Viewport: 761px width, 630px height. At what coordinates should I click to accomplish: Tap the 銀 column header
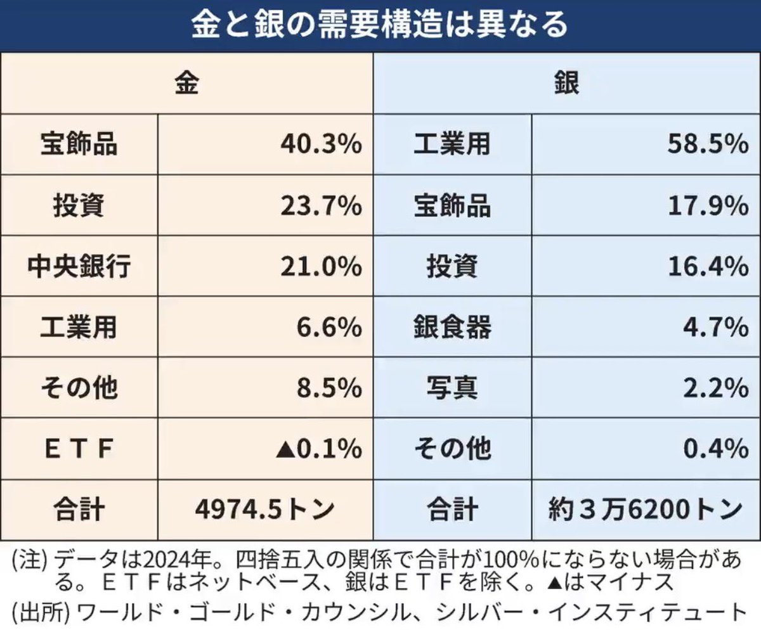(x=566, y=84)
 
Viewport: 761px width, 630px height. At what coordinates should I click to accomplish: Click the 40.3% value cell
(x=321, y=145)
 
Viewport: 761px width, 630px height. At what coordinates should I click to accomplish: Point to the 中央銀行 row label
(x=79, y=267)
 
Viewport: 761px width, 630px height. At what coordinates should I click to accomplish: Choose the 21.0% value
(x=321, y=267)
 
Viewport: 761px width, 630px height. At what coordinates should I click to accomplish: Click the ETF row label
(x=79, y=449)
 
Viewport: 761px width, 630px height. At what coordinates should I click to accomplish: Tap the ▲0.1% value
(x=318, y=449)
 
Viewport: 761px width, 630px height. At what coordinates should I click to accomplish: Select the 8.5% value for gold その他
(x=330, y=389)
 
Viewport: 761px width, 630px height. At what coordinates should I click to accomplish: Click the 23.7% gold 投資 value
(x=321, y=206)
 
